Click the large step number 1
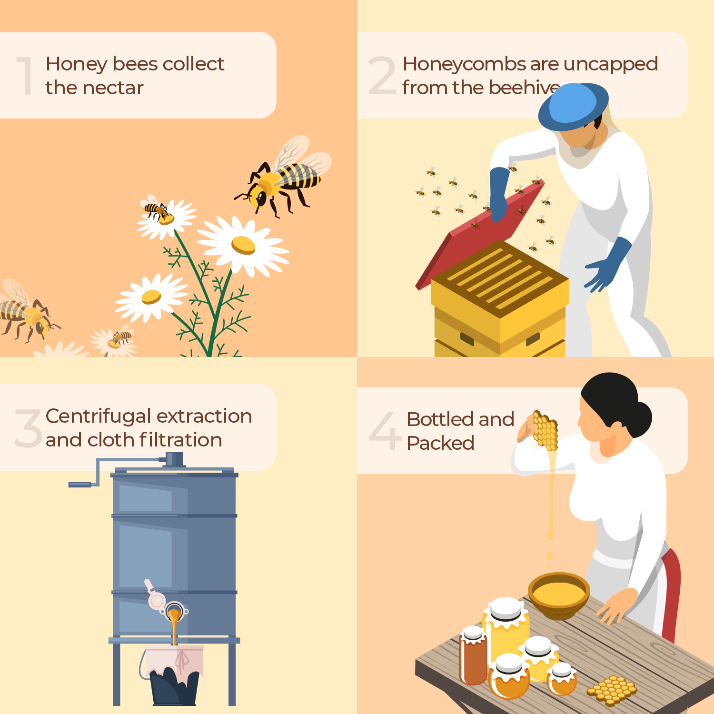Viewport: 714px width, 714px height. tap(25, 76)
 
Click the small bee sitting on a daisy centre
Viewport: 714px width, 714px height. tap(157, 209)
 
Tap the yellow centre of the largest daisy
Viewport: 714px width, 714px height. tap(243, 245)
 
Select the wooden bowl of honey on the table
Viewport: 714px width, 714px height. tap(559, 595)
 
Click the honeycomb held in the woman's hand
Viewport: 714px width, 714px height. tap(545, 430)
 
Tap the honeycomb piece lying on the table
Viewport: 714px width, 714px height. tap(612, 690)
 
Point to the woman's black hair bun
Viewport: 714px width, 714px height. tap(638, 419)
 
